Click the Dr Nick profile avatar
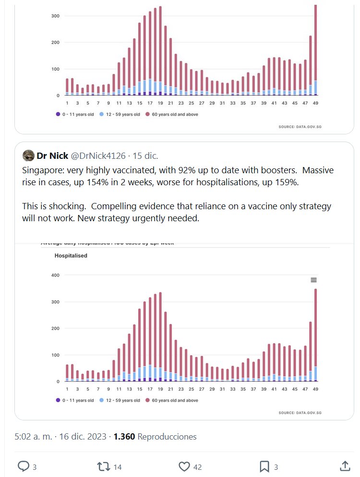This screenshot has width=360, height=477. coord(28,155)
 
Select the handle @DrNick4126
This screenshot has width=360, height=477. coord(98,155)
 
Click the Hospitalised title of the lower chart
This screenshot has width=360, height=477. coord(71,256)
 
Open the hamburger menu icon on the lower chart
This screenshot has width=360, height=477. coord(313,280)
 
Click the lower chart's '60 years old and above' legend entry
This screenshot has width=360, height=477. coord(172,400)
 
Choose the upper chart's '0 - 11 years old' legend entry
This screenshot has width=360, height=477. coord(74,115)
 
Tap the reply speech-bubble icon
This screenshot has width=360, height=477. coord(23,466)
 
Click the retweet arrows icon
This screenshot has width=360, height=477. coord(103,466)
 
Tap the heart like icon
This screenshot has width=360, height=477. coord(184,466)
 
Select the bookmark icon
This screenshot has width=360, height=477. coord(264,466)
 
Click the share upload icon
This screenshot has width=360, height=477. coord(344,466)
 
